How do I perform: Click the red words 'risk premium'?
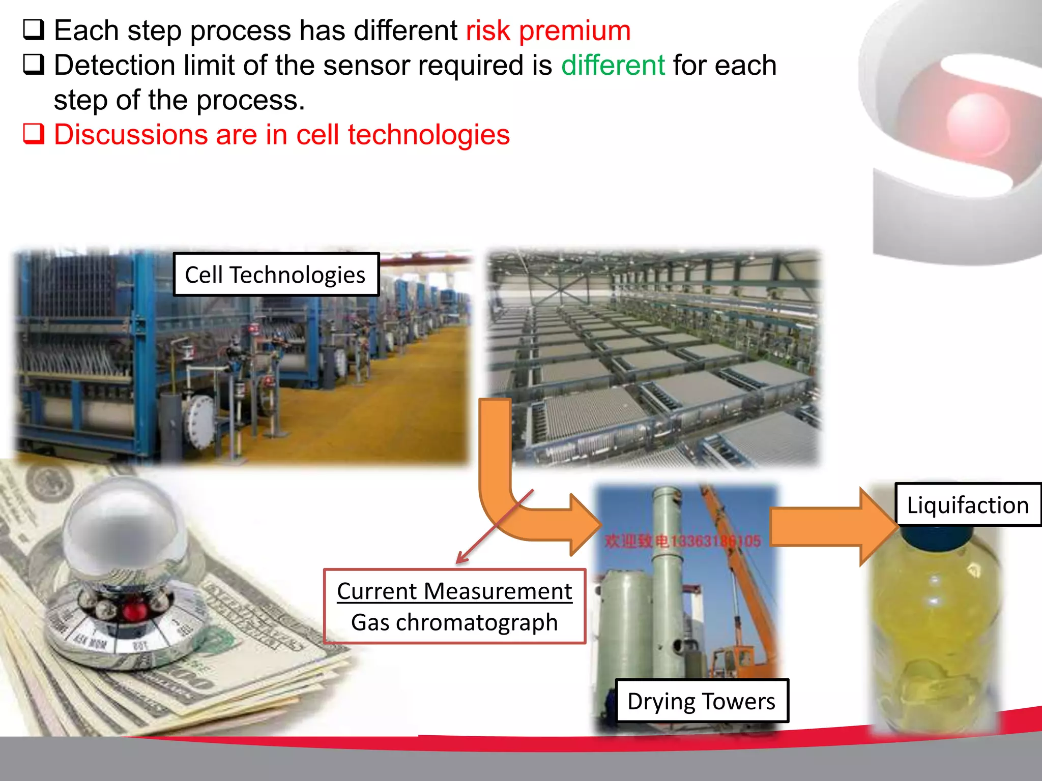(x=548, y=31)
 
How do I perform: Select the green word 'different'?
(x=613, y=66)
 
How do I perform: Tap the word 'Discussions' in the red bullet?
(x=130, y=135)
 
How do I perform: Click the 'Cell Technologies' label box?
(x=275, y=275)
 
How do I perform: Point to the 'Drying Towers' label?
(x=701, y=701)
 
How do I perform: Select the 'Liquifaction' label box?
(x=967, y=505)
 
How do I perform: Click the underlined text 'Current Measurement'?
(x=454, y=591)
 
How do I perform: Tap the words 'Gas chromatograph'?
(x=454, y=622)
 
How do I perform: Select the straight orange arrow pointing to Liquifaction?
(x=829, y=526)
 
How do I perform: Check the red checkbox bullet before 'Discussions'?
(x=34, y=134)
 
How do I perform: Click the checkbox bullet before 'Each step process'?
(x=34, y=30)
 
